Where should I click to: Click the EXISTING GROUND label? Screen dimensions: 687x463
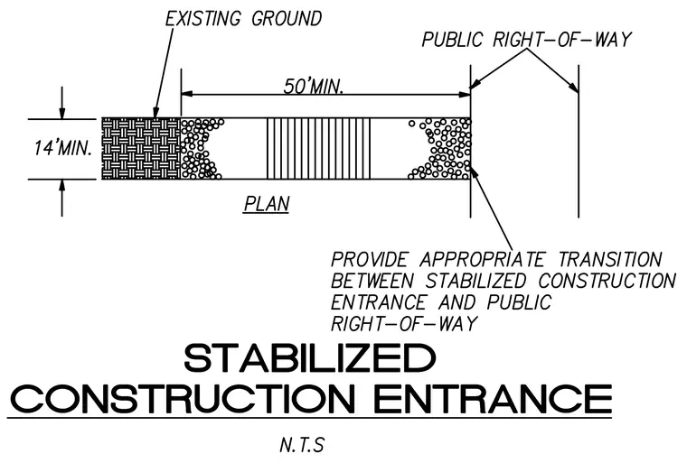coord(243,19)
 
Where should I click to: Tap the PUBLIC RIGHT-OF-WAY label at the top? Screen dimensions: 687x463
coord(526,40)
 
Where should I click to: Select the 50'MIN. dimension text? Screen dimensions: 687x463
coord(313,87)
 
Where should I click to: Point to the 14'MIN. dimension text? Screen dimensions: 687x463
coord(63,148)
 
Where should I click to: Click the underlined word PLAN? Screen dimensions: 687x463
coord(267,204)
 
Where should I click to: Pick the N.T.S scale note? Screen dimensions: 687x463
coord(301,445)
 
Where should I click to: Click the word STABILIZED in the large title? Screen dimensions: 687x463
coord(310,358)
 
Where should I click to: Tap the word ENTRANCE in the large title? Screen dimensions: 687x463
coord(493,399)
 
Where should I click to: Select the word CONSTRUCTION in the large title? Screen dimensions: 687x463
coord(183,399)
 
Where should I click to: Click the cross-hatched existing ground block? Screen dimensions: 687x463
coord(141,149)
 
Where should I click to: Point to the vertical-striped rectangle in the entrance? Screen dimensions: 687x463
coord(318,149)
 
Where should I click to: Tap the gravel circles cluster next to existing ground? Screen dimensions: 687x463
coord(201,149)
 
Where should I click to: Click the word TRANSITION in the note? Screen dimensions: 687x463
coord(610,260)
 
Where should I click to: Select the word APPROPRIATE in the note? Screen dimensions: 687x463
coord(482,260)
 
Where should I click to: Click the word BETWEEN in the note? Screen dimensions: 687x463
coord(372,281)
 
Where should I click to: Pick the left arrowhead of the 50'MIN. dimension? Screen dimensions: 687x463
coord(186,94)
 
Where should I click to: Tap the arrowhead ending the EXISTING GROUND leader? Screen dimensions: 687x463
coord(155,113)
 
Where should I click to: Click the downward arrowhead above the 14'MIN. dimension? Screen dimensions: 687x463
coord(62,113)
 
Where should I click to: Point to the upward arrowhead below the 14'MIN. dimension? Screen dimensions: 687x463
coord(62,185)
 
